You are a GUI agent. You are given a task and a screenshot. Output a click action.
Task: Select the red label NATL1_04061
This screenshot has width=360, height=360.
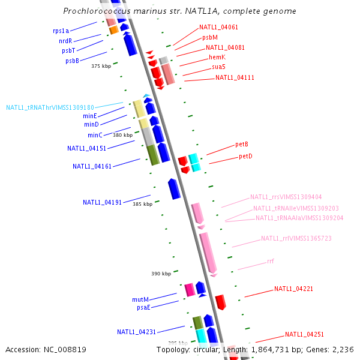point(218,27)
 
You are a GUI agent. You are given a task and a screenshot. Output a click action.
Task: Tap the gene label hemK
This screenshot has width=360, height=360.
point(217,57)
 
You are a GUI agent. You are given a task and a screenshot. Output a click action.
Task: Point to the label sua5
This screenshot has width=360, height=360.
point(218,67)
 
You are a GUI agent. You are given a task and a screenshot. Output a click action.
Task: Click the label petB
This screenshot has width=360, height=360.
point(242,145)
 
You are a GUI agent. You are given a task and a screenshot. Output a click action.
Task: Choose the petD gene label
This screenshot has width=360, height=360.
point(245,156)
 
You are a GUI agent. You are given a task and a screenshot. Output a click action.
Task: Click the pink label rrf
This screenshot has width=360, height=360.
point(271,262)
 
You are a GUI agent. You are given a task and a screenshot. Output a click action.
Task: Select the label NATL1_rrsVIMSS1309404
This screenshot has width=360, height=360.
point(286,197)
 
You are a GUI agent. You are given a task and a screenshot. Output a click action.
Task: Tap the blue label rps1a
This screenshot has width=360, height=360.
point(61,31)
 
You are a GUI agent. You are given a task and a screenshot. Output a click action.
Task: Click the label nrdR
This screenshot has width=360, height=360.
point(65,41)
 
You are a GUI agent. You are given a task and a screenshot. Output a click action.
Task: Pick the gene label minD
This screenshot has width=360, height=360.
point(91,124)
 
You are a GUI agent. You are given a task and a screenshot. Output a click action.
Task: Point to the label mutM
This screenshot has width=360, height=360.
point(140,299)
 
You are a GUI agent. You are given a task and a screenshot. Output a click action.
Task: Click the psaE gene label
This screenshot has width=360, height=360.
point(143,307)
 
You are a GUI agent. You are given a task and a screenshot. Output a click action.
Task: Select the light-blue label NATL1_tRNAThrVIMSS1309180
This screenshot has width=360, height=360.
point(50,108)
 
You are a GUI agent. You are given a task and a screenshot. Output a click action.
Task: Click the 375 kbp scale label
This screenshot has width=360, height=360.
point(101,67)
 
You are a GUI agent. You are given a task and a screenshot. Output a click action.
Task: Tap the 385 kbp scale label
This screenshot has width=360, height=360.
point(143,204)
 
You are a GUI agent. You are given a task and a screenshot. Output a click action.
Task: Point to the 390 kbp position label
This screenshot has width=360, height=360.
point(161,274)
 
